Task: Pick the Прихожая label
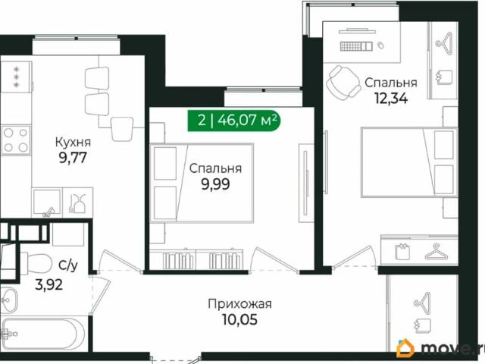(239, 305)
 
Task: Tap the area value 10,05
(239, 321)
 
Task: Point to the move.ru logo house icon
(407, 348)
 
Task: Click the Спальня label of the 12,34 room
(391, 81)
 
